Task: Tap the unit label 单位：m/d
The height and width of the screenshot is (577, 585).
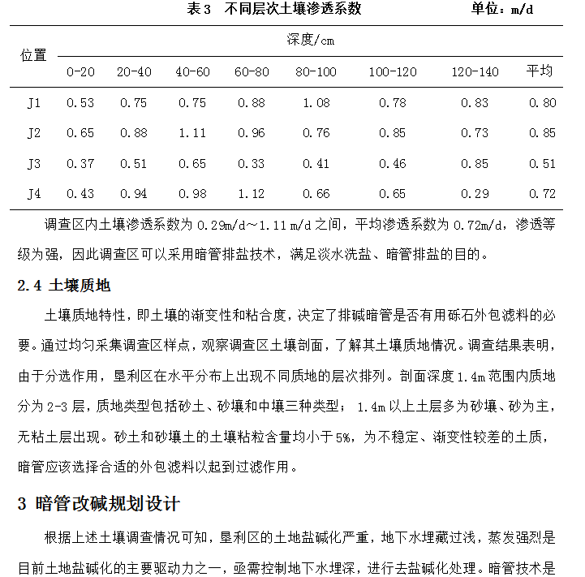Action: point(503,10)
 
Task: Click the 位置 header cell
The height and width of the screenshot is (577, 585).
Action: point(33,55)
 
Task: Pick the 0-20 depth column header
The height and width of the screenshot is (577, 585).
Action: point(80,71)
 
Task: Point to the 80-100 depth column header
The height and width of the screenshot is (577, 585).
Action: point(316,71)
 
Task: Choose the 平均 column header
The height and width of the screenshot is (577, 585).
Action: point(540,71)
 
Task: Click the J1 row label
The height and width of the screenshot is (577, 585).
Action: point(33,102)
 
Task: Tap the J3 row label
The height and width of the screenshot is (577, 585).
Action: point(33,164)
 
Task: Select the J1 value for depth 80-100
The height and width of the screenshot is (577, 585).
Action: point(316,102)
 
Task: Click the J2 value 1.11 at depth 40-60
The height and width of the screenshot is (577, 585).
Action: point(192,133)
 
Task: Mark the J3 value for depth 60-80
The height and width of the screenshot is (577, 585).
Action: point(252,164)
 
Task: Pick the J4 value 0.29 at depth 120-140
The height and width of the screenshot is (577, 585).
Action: point(475,194)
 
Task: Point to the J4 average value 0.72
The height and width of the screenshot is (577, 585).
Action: point(542,194)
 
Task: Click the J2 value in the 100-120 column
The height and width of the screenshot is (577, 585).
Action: point(393,133)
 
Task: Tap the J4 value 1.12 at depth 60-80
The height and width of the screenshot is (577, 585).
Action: point(252,194)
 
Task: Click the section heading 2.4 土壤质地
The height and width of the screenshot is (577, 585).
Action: point(63,285)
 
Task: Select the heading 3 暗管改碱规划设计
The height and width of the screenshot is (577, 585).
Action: point(98,503)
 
